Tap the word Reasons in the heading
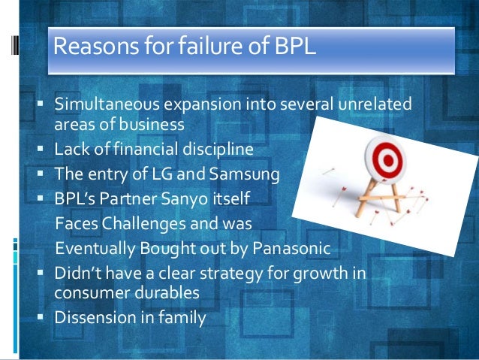93,49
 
